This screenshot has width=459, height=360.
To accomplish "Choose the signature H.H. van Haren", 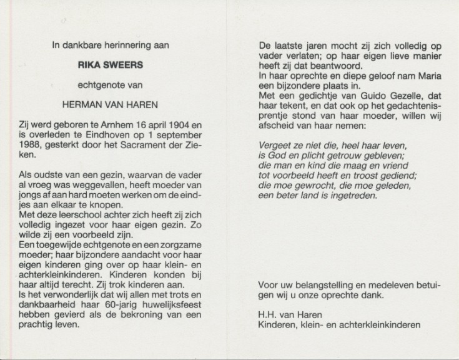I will [289, 315].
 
